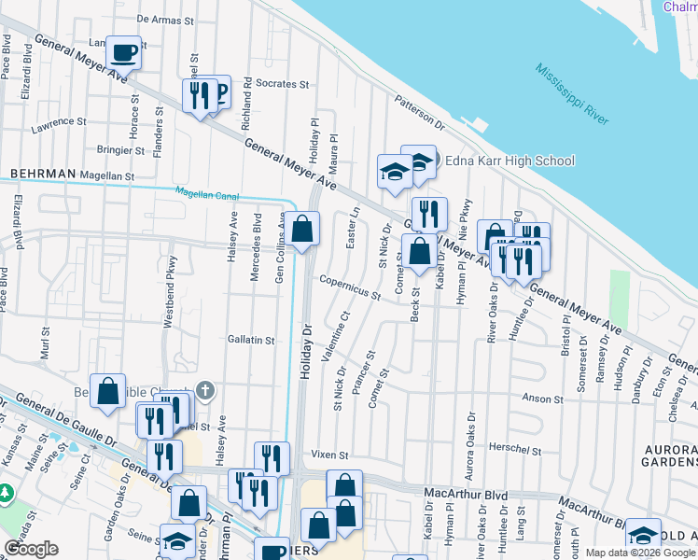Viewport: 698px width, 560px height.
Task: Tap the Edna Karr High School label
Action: click(x=509, y=161)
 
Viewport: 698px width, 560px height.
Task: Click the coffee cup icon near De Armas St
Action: click(x=123, y=53)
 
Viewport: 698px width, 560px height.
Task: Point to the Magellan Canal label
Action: click(x=207, y=193)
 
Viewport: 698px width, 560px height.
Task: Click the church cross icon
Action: click(x=206, y=389)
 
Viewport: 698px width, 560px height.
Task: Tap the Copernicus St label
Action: click(x=349, y=287)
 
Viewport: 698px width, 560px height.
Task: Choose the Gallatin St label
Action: click(x=251, y=341)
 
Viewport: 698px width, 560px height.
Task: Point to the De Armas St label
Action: click(x=169, y=18)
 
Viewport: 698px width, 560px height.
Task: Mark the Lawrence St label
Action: click(x=58, y=122)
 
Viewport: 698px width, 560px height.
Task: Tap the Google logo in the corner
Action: click(x=31, y=548)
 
